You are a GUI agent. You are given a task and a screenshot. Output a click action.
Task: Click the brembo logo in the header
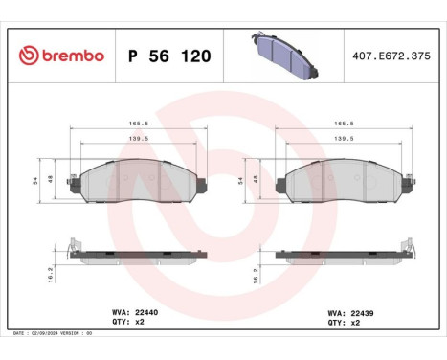pos(60,56)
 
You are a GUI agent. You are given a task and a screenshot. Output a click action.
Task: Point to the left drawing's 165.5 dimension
pos(138,123)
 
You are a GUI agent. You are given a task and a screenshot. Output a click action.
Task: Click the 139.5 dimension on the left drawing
pos(138,138)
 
